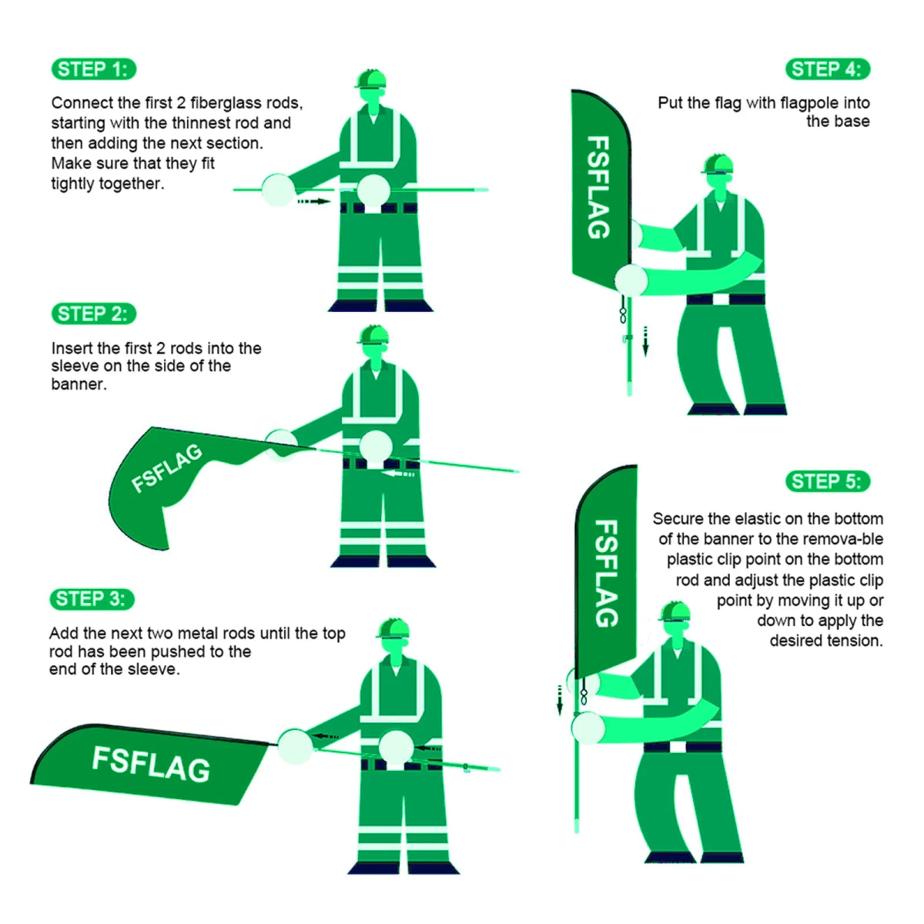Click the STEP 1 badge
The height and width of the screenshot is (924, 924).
tap(93, 69)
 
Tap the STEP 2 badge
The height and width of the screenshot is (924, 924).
tap(93, 314)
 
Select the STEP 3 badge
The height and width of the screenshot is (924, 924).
tap(92, 599)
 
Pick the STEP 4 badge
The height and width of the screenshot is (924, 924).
tap(827, 69)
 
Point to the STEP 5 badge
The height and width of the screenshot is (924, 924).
tap(827, 482)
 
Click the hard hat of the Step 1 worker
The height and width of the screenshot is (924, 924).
tap(370, 79)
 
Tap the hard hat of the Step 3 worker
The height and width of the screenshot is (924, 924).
tap(393, 628)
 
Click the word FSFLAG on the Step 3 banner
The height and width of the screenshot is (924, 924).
tap(151, 764)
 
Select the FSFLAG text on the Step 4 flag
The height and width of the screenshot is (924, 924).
tap(599, 187)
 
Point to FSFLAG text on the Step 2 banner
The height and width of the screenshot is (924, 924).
tap(166, 467)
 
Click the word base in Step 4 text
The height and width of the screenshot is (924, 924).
tap(853, 122)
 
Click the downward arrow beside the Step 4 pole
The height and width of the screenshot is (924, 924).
tap(645, 340)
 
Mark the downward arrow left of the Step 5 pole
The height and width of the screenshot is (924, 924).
tap(560, 699)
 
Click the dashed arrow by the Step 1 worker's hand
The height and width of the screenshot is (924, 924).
tap(313, 202)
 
